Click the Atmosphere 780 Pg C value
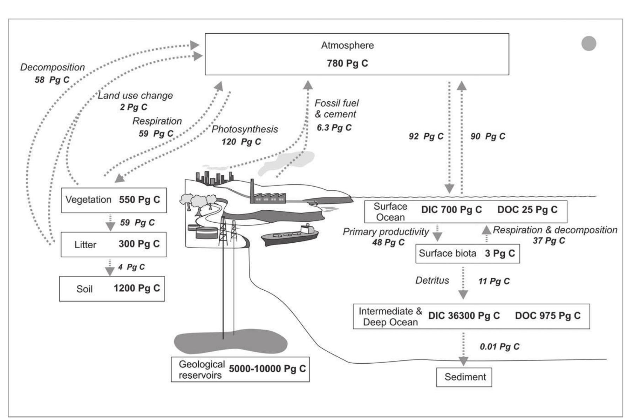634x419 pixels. click(347, 63)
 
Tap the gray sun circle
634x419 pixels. click(589, 43)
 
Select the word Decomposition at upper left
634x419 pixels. click(53, 67)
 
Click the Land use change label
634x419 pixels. click(135, 95)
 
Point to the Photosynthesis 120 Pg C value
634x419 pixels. click(241, 142)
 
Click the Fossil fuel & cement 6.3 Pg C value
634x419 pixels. click(334, 128)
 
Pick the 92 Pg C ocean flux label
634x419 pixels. click(426, 136)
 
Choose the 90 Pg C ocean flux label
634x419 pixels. click(488, 136)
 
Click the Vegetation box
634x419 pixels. click(114, 200)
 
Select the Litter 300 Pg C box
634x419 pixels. click(114, 244)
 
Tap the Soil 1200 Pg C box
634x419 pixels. click(112, 289)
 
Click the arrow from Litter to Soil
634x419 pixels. click(110, 268)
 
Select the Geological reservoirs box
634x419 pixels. click(240, 369)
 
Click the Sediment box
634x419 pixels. click(464, 377)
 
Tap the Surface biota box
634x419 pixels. click(467, 254)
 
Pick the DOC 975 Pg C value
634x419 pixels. click(547, 316)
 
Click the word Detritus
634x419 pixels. click(432, 281)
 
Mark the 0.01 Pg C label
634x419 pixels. click(499, 347)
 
